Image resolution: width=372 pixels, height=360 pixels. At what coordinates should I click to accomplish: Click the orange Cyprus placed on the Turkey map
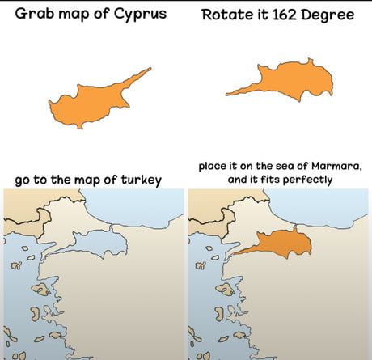(278, 244)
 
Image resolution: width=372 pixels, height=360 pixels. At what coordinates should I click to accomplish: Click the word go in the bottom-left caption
(23, 179)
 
